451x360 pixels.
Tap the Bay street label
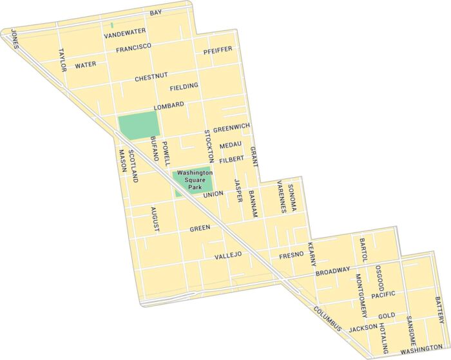155,13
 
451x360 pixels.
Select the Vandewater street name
125,32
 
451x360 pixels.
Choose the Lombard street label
169,105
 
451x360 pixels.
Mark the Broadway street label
333,272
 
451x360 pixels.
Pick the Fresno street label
291,255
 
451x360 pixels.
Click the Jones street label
15,43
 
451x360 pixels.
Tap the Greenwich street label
232,127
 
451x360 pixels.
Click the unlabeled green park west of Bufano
138,124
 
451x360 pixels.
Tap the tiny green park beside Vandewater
112,25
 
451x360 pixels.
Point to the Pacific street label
383,295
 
